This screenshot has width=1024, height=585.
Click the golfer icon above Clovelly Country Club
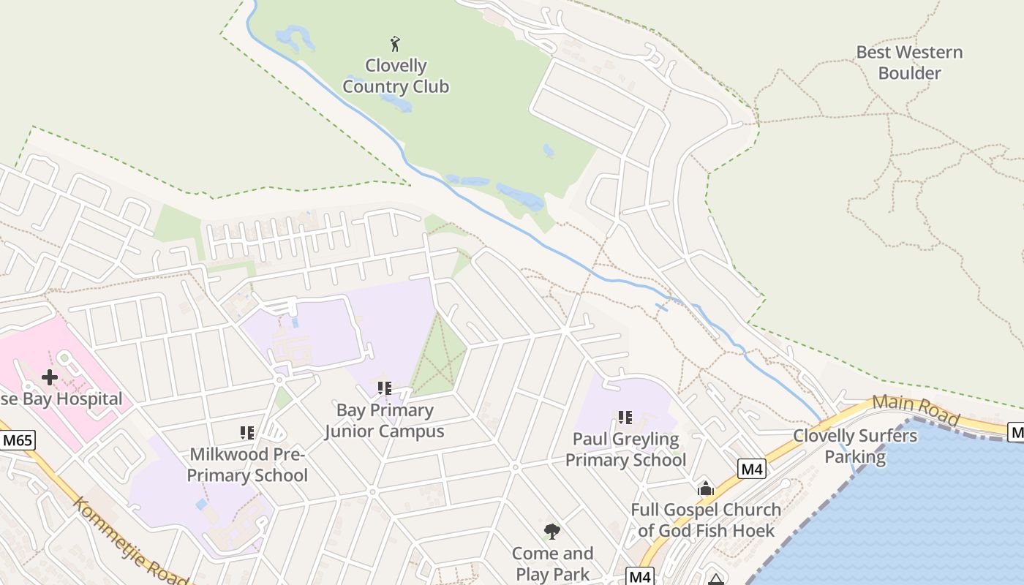(x=396, y=44)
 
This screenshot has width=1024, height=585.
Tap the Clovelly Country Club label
(x=396, y=76)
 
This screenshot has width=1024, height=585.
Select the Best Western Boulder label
(x=909, y=63)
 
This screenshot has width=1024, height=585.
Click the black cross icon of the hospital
(x=50, y=377)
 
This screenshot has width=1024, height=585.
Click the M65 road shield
(x=17, y=441)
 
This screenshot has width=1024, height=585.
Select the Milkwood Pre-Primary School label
(x=247, y=465)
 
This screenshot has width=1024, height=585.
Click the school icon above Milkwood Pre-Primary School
(x=247, y=433)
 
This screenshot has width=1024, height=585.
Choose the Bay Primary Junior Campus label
(x=385, y=420)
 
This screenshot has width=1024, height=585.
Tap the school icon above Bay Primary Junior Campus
(x=385, y=388)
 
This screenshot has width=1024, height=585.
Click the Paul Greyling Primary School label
(x=626, y=449)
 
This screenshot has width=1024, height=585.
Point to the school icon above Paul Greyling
(x=625, y=418)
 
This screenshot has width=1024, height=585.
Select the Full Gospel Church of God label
(x=706, y=520)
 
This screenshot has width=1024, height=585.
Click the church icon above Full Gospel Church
(x=706, y=488)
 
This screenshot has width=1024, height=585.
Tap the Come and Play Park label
(x=552, y=563)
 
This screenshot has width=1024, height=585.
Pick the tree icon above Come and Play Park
(x=552, y=532)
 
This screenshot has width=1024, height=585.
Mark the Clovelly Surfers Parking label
(x=855, y=447)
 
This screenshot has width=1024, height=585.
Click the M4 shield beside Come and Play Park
(x=640, y=577)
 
